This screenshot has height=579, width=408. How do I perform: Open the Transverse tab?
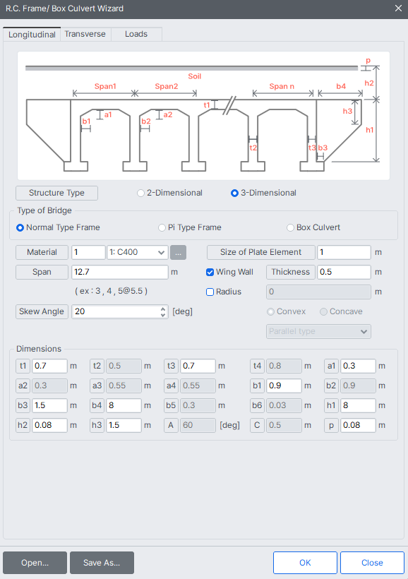[85, 34]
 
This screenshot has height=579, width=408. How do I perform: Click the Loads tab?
[136, 34]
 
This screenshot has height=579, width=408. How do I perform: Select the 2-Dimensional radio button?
[141, 193]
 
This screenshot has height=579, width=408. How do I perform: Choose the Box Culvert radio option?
[290, 227]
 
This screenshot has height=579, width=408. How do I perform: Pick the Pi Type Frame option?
[162, 227]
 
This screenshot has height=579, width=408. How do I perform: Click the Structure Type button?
[56, 193]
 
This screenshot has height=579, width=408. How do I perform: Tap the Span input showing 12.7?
[119, 272]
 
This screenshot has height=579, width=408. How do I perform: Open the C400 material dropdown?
[137, 252]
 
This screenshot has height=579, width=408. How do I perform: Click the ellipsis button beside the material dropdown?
[179, 252]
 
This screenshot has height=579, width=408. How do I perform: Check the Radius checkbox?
[210, 292]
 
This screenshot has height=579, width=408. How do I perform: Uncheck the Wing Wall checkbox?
[210, 272]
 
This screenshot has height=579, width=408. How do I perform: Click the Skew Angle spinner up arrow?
[164, 308]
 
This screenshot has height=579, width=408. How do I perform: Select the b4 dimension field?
[124, 405]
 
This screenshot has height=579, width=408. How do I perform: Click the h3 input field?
[124, 425]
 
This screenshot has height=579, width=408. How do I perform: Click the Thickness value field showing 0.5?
[344, 272]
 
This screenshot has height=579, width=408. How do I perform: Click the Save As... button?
[102, 563]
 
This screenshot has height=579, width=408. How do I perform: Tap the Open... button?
[35, 563]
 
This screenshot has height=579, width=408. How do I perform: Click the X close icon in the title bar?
[397, 8]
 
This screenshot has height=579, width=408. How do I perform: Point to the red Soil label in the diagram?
[194, 76]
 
